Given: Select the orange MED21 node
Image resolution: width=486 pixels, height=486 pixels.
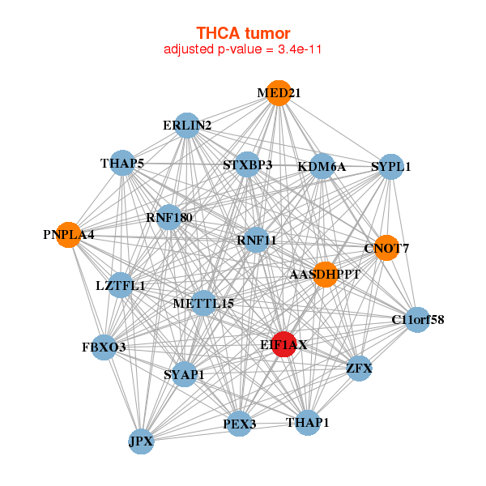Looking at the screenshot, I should (279, 93).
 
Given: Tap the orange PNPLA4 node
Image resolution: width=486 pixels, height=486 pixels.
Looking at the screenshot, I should (69, 235).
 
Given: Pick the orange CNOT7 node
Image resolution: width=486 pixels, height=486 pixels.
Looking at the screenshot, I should (386, 248).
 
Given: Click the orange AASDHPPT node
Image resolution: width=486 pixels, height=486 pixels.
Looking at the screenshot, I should (325, 275).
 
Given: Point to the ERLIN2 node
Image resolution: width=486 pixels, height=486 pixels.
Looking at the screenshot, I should (187, 125).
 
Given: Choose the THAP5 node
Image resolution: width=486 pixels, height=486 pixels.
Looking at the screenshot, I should (122, 164).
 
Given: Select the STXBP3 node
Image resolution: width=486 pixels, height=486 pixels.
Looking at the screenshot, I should (248, 165).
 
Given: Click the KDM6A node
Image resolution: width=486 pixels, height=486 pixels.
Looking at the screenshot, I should (322, 167).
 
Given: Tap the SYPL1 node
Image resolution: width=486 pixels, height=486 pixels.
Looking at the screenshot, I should (391, 167).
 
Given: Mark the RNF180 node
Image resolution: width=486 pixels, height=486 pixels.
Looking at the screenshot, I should (169, 217).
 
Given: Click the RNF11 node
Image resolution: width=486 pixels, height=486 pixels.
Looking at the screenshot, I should (257, 240).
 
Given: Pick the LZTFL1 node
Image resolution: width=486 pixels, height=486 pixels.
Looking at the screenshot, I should (121, 285).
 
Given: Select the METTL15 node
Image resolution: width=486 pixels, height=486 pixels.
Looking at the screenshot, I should (203, 304).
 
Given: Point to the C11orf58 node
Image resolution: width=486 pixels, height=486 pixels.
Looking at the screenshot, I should (418, 320).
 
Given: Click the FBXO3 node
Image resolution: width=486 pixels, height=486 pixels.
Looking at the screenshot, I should (104, 347).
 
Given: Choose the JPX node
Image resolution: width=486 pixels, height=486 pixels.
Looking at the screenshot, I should (141, 441).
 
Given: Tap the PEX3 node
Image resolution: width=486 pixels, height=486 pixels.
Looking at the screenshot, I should (239, 424).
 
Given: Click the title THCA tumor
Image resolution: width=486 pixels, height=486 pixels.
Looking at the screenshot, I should (243, 33).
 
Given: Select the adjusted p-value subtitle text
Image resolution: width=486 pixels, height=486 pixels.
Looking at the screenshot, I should (243, 49).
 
